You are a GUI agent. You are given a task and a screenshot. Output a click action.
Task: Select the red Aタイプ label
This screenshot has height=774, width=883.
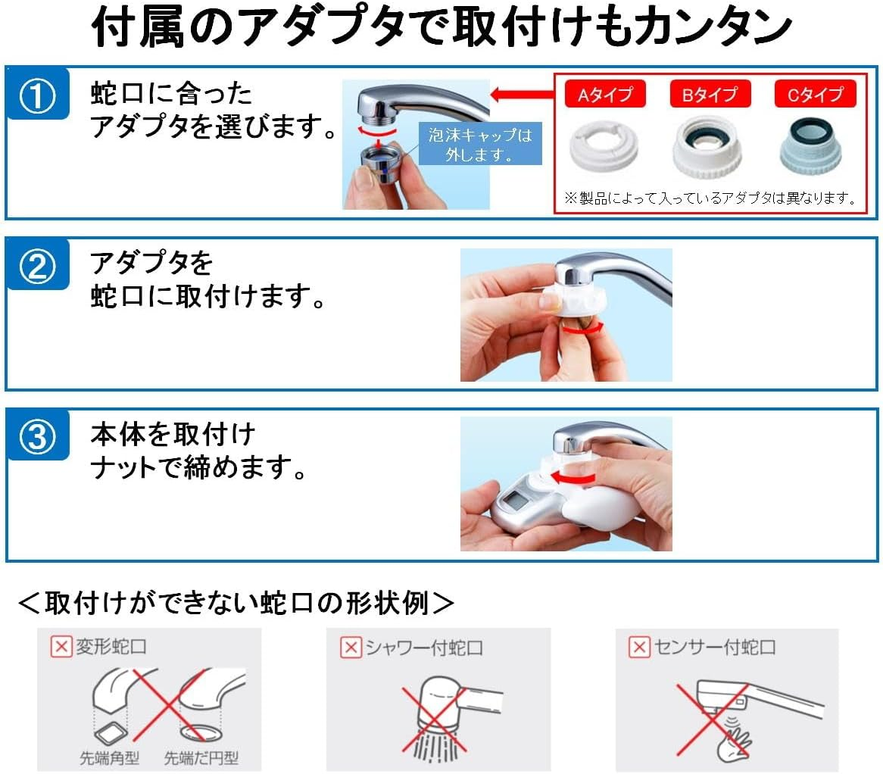point(604,95)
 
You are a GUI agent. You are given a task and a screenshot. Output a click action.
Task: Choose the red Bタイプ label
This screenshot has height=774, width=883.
point(710,95)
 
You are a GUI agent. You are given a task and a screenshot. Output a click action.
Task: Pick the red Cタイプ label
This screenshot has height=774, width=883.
point(815,95)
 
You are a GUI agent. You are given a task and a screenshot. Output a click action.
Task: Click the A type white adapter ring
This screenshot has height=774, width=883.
point(604,147)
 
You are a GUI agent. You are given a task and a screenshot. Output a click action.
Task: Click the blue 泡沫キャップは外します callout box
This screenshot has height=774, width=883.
point(480,144)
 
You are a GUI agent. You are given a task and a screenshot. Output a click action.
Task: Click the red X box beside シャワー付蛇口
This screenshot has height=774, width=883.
point(350,648)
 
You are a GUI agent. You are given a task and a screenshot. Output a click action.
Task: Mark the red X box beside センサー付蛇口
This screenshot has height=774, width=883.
point(640,648)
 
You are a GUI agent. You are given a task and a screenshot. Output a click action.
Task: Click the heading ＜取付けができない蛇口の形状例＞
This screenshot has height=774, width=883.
point(236,604)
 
